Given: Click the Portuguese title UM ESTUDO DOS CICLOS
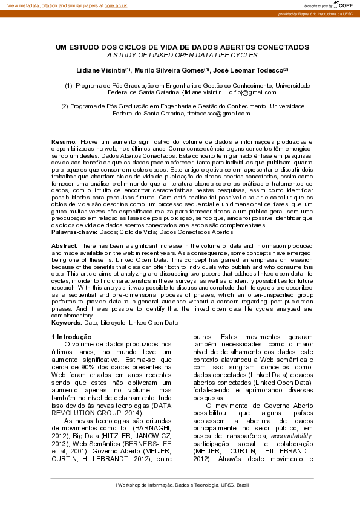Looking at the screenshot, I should tap(182, 47).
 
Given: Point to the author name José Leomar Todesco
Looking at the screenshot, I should tap(248, 70).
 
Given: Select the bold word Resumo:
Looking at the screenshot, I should tap(64, 141).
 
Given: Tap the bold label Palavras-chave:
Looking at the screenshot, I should tap(74, 231).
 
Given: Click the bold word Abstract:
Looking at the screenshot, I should tap(64, 246).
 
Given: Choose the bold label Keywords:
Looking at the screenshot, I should tap(67, 323).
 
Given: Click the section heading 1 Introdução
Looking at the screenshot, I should tap(71, 337).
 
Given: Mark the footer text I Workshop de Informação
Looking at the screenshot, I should tap(182, 485).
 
